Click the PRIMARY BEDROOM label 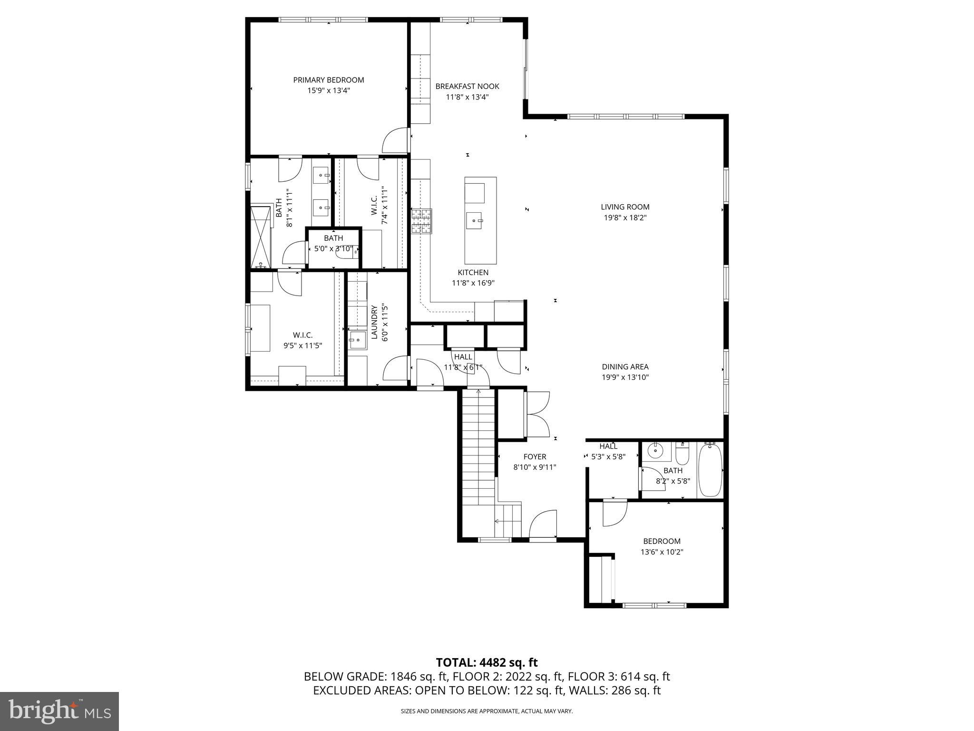(328, 80)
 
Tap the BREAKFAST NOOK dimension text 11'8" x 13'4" (467, 97)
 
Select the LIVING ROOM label (625, 207)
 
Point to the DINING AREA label (625, 367)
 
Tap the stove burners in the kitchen (421, 221)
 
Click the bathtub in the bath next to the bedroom (710, 470)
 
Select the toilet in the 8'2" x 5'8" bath (682, 455)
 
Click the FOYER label (535, 457)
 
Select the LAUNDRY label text (374, 322)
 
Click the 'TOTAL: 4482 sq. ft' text (487, 662)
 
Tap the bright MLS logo (59, 711)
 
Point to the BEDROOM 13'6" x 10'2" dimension (662, 552)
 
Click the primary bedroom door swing (395, 140)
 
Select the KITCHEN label (473, 273)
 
